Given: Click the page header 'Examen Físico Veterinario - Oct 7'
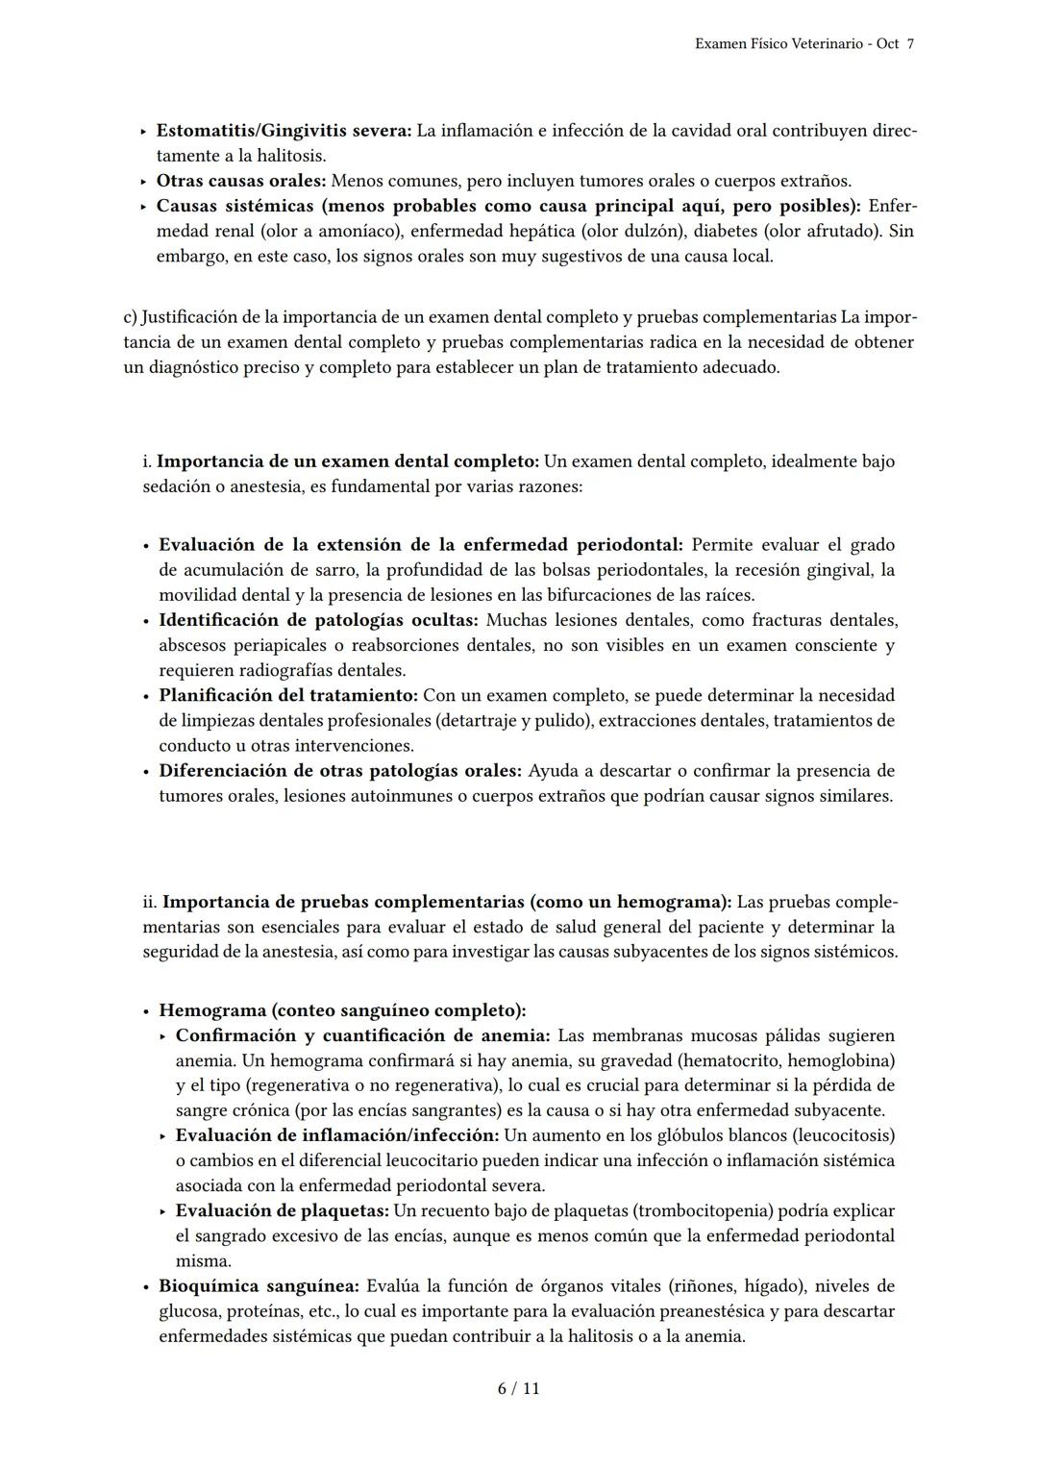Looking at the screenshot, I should pyautogui.click(x=803, y=44).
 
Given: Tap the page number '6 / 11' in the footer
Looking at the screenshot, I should pyautogui.click(x=518, y=1388).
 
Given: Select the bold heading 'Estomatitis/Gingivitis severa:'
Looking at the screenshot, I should pyautogui.click(x=284, y=131).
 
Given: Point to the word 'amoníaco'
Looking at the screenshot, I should pyautogui.click(x=355, y=231).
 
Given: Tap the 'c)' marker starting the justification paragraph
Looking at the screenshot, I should pyautogui.click(x=131, y=317).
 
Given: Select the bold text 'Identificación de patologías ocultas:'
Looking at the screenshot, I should pyautogui.click(x=318, y=620).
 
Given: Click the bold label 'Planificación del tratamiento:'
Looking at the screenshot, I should pyautogui.click(x=288, y=695).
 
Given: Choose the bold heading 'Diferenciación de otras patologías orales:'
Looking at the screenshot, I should pyautogui.click(x=340, y=770).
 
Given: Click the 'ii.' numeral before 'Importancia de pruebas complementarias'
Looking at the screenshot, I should pyautogui.click(x=150, y=902).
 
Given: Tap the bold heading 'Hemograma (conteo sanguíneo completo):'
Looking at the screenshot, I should pyautogui.click(x=342, y=1010).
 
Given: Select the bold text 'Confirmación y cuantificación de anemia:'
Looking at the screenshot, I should pyautogui.click(x=363, y=1035).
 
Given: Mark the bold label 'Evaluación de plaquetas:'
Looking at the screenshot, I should pyautogui.click(x=283, y=1210).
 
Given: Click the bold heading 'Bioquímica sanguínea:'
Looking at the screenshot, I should pyautogui.click(x=259, y=1285).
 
